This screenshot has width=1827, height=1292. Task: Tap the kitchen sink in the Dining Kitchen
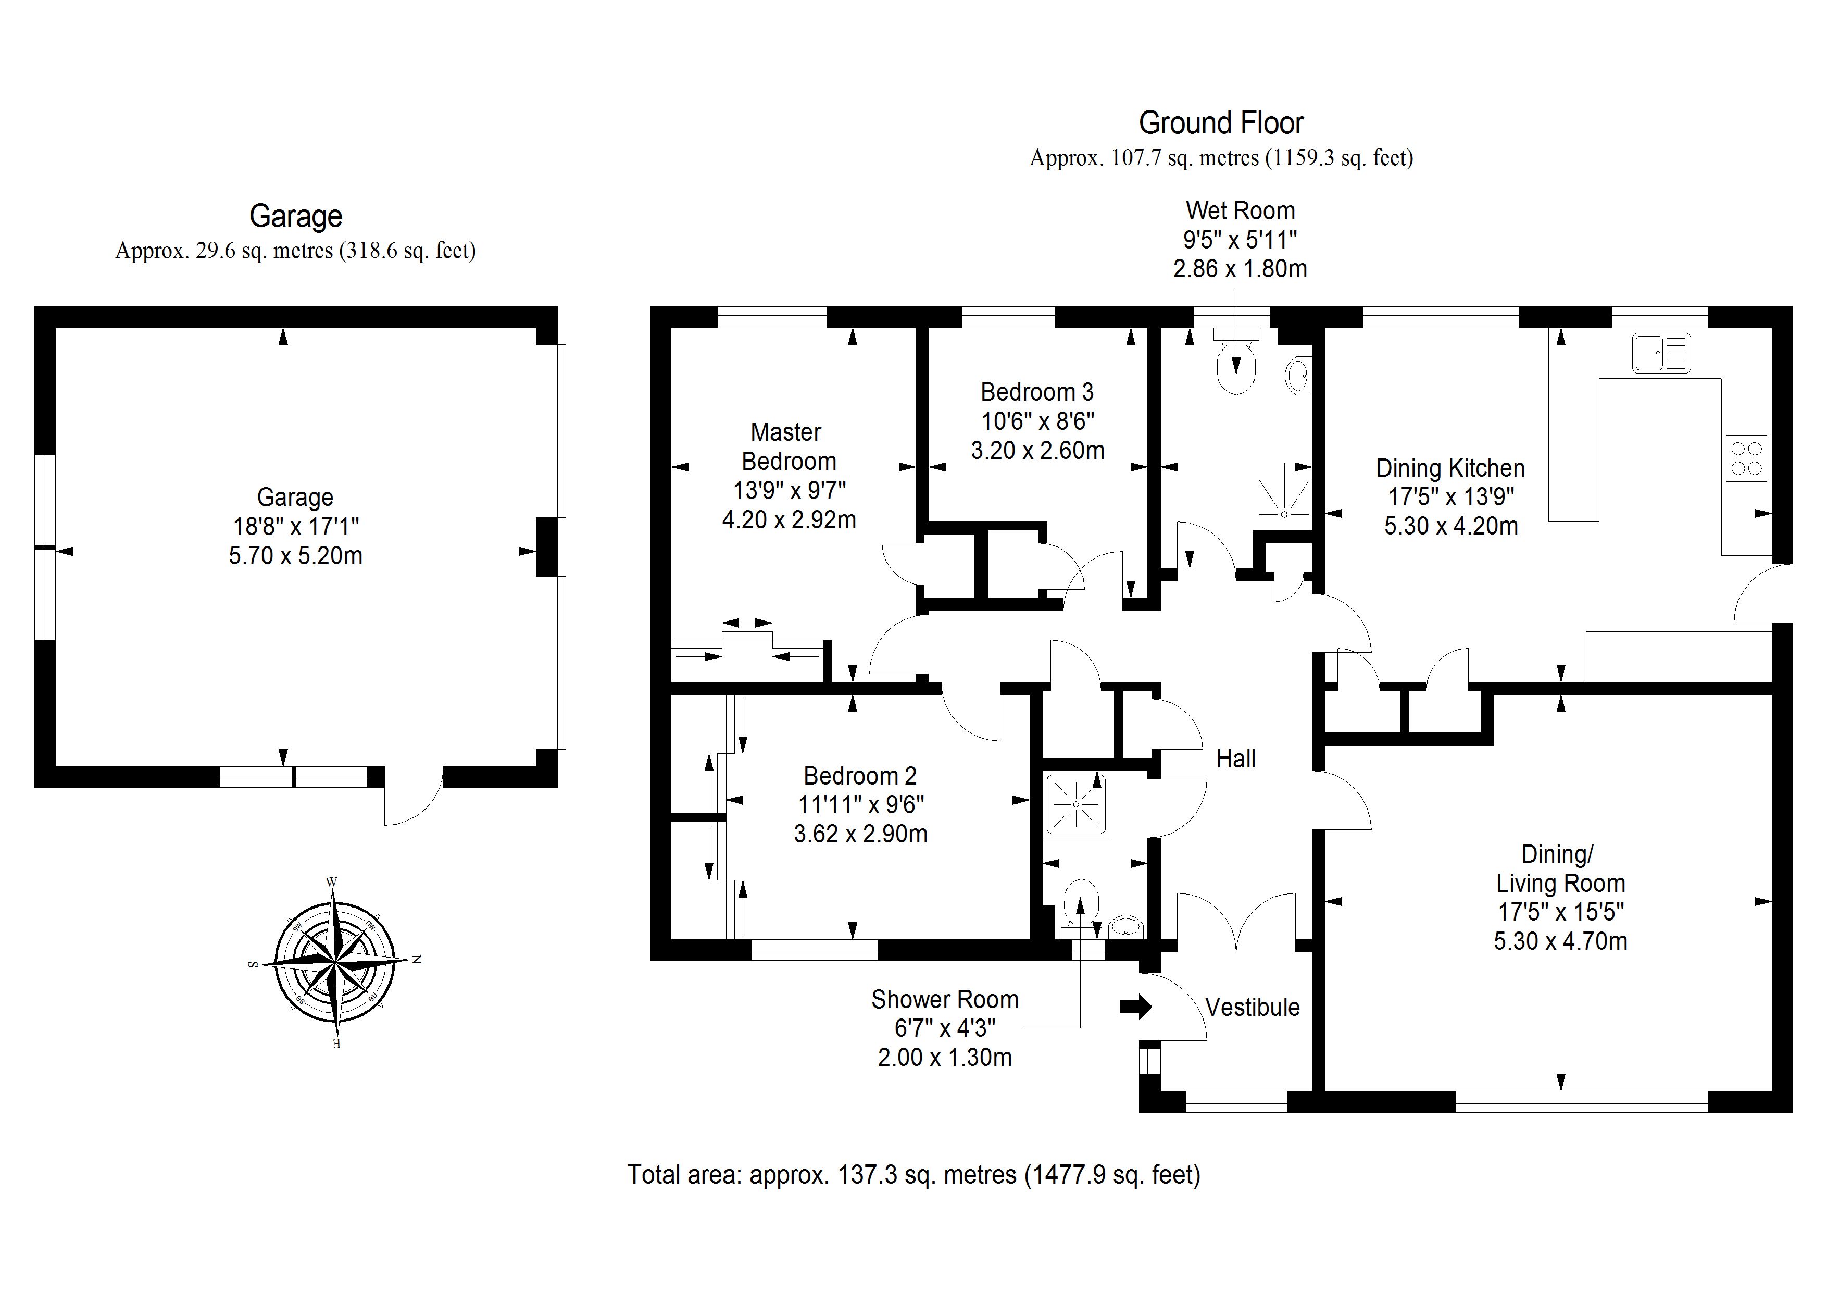click(1661, 353)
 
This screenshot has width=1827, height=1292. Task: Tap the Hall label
click(1236, 759)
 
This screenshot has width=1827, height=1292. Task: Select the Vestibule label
click(1253, 1007)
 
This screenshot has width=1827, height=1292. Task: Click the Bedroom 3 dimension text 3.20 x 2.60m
click(1037, 451)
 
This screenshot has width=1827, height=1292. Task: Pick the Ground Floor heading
click(1221, 123)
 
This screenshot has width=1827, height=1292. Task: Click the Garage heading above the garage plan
click(295, 216)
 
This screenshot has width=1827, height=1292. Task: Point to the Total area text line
click(913, 1174)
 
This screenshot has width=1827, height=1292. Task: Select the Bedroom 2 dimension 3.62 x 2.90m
click(860, 834)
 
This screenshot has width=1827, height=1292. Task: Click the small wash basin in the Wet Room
click(1297, 375)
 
